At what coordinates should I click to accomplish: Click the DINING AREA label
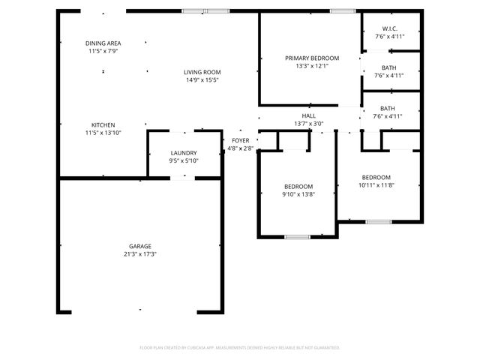(103, 43)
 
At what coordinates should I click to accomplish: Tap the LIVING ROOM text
(202, 72)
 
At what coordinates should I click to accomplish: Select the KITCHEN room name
(103, 124)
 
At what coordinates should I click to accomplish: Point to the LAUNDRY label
(184, 153)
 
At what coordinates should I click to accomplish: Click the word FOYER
(241, 140)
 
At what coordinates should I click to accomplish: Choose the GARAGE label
(140, 246)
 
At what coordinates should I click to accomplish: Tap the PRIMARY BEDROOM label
(312, 58)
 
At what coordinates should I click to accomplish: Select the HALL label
(309, 116)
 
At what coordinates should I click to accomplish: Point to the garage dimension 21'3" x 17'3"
(140, 254)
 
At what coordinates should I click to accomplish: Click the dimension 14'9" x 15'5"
(202, 80)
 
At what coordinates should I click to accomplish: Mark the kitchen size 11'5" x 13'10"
(103, 133)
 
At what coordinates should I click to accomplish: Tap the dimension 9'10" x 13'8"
(298, 194)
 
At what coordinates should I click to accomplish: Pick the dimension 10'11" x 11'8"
(376, 185)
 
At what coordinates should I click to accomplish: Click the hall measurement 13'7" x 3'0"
(309, 124)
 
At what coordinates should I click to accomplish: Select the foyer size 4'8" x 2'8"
(241, 148)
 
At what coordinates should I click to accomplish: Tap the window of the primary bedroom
(342, 11)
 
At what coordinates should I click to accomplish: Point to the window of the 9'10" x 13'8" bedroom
(297, 237)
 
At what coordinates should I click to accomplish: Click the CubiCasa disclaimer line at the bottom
(240, 347)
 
